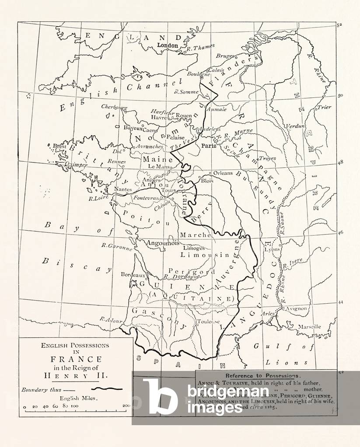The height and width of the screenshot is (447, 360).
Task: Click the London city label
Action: pyautogui.click(x=167, y=45)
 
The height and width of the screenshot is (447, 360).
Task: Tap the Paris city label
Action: pyautogui.click(x=209, y=146)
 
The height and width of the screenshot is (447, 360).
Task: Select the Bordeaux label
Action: pyautogui.click(x=133, y=275)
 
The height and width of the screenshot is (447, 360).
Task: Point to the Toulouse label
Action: pyautogui.click(x=207, y=322)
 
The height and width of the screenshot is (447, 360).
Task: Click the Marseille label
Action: pyautogui.click(x=309, y=326)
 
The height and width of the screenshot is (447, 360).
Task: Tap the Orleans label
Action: pyautogui.click(x=223, y=173)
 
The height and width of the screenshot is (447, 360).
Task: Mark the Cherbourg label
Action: pyautogui.click(x=114, y=107)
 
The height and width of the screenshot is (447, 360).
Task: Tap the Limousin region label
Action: pyautogui.click(x=205, y=254)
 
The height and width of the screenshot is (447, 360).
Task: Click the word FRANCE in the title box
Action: pyautogui.click(x=76, y=359)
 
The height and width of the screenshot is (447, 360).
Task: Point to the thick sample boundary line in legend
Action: pyautogui.click(x=105, y=388)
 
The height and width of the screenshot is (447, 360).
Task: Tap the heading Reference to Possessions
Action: pyautogui.click(x=262, y=375)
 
